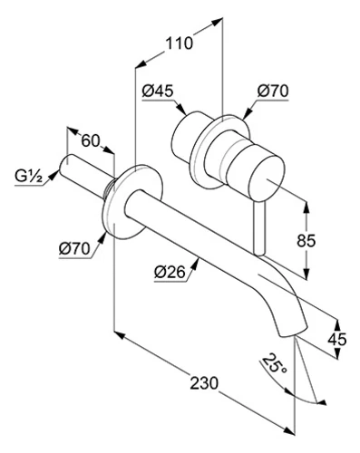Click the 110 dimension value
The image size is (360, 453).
click(x=180, y=43)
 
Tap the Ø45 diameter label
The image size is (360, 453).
click(x=158, y=91)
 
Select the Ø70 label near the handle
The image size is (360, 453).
click(x=273, y=91)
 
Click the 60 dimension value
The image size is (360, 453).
click(x=91, y=140)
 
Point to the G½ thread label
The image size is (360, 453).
click(x=28, y=177)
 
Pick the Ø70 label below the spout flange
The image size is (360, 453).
click(x=74, y=249)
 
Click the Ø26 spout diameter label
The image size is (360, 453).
click(x=170, y=273)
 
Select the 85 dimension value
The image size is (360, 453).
click(x=306, y=241)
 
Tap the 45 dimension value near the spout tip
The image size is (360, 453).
click(x=337, y=340)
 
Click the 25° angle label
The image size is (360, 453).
click(x=274, y=364)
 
